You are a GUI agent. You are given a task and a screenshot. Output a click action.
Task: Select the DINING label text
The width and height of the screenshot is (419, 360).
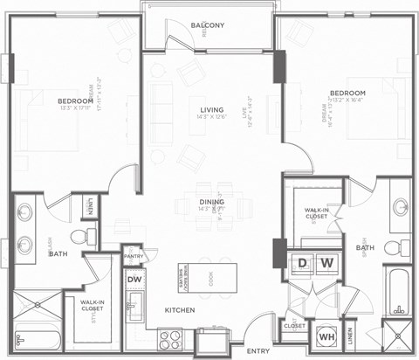(211, 202)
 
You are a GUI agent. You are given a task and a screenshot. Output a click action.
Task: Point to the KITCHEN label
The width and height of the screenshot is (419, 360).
(180, 309)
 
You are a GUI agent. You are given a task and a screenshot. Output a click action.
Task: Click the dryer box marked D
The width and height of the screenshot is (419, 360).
(303, 262)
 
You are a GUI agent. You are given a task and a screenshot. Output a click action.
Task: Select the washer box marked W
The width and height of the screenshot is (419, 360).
(326, 262)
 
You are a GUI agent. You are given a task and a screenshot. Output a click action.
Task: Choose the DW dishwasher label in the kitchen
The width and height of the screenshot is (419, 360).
(134, 280)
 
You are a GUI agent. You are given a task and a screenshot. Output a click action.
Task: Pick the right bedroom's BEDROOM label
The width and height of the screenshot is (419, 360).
(347, 93)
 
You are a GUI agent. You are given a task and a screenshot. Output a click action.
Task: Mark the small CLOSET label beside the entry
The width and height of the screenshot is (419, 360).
(294, 325)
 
